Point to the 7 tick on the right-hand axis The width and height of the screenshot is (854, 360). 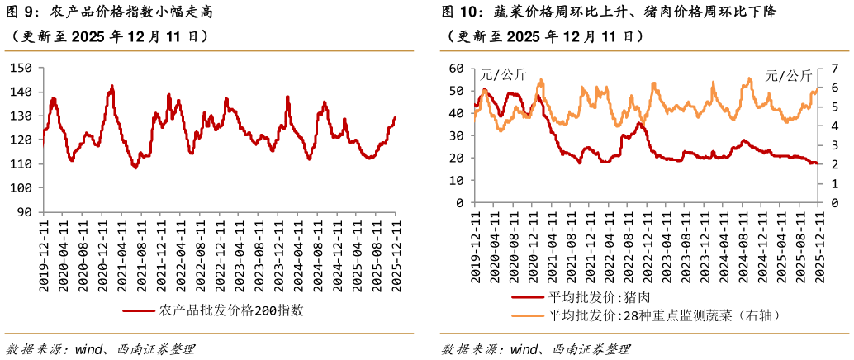834,68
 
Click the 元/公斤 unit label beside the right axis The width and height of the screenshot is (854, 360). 788,75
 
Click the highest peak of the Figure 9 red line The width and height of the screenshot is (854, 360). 112,85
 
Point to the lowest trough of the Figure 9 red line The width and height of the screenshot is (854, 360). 135,168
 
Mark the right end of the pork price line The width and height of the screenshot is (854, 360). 818,163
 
